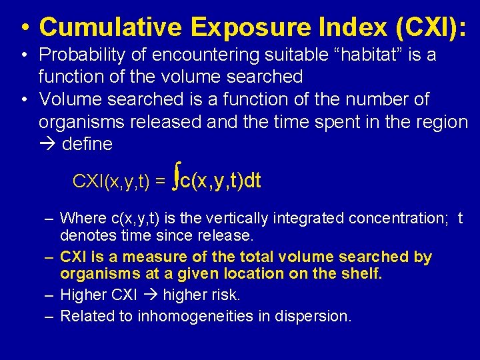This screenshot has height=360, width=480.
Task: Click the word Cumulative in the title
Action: [x=109, y=27]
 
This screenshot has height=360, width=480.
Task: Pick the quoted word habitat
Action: [x=363, y=55]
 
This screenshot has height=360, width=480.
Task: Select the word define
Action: [x=87, y=144]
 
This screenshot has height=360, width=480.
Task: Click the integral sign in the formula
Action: [x=175, y=178]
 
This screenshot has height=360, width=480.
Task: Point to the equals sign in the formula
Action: [x=159, y=181]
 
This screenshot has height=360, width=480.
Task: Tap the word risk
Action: [x=223, y=295]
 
